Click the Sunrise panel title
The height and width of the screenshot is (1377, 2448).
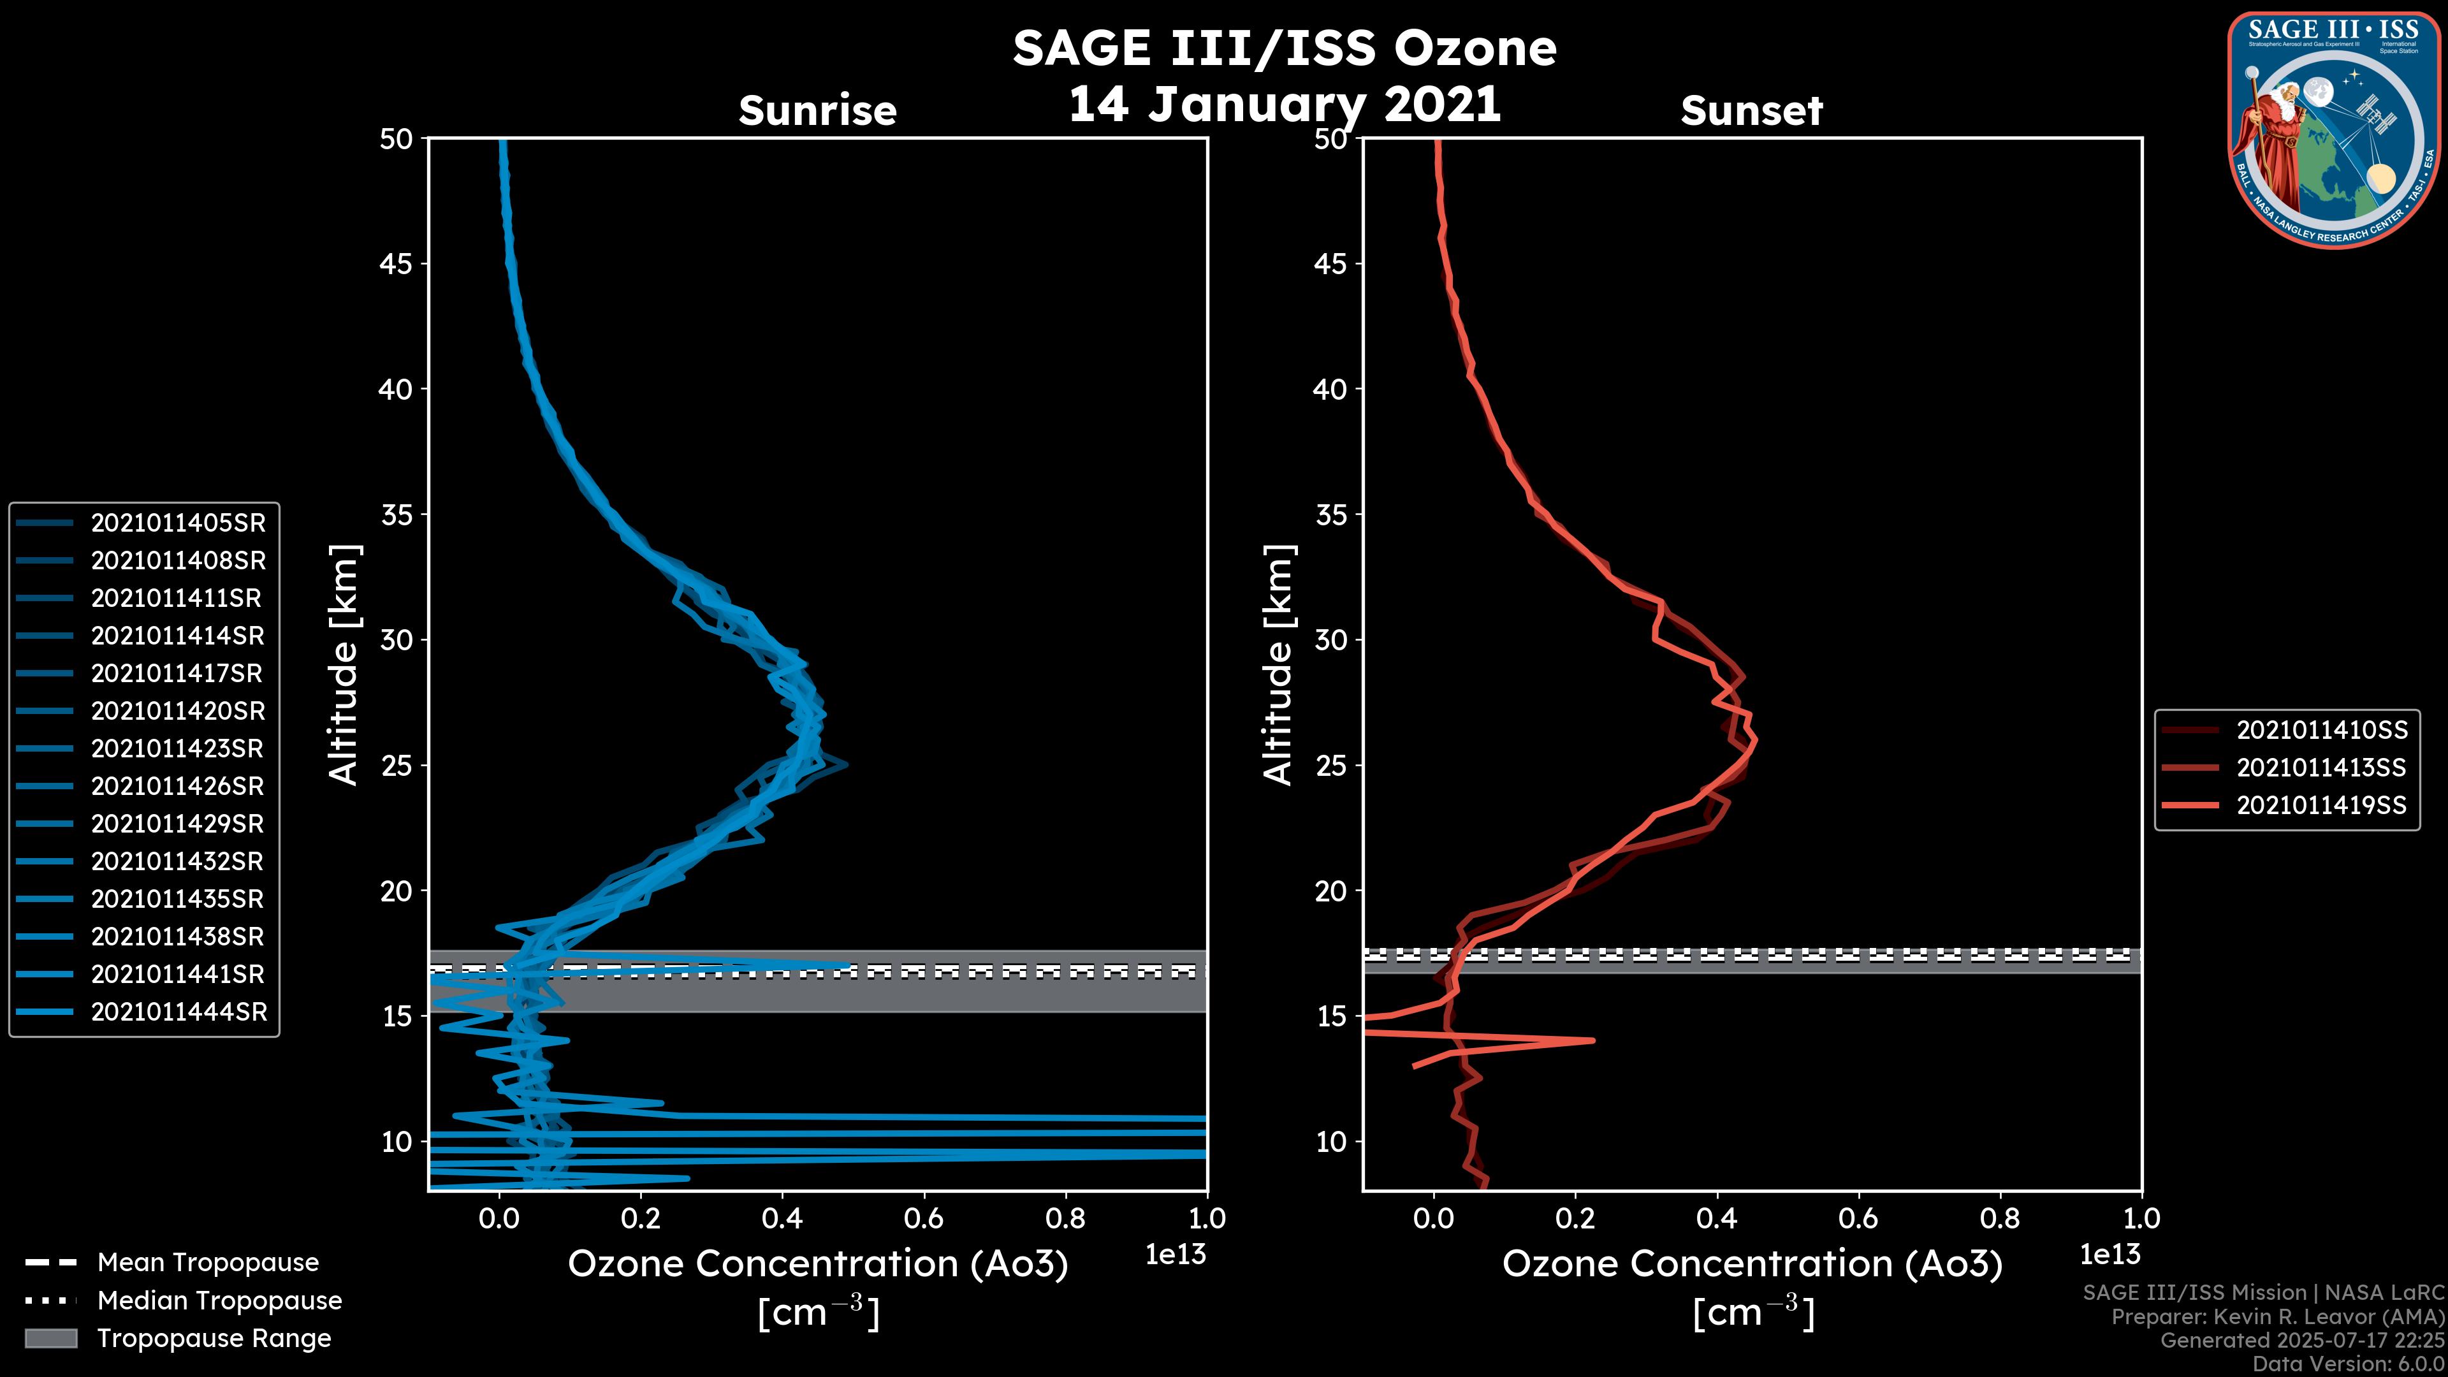click(817, 110)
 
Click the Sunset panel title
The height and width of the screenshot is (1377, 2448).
click(1751, 110)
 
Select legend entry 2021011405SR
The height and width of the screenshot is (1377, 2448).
click(178, 523)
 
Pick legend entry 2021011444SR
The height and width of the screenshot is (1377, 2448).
click(178, 1012)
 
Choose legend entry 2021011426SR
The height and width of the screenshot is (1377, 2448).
click(178, 786)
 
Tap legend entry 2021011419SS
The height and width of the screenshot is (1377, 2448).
click(2320, 806)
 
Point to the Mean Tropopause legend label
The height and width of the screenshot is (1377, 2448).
click(208, 1262)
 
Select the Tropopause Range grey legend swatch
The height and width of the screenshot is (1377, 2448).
click(50, 1338)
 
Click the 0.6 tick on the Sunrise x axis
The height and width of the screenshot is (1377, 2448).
click(924, 1218)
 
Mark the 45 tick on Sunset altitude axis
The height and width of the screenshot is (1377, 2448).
click(1331, 264)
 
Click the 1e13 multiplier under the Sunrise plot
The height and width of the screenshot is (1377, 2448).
click(1176, 1255)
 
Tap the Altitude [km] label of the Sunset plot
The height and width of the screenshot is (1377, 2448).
click(1278, 665)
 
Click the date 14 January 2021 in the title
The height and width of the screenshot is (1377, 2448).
click(1284, 103)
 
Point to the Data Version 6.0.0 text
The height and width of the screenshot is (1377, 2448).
click(2347, 1365)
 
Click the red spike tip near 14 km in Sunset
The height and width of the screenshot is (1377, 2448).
click(1592, 1040)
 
